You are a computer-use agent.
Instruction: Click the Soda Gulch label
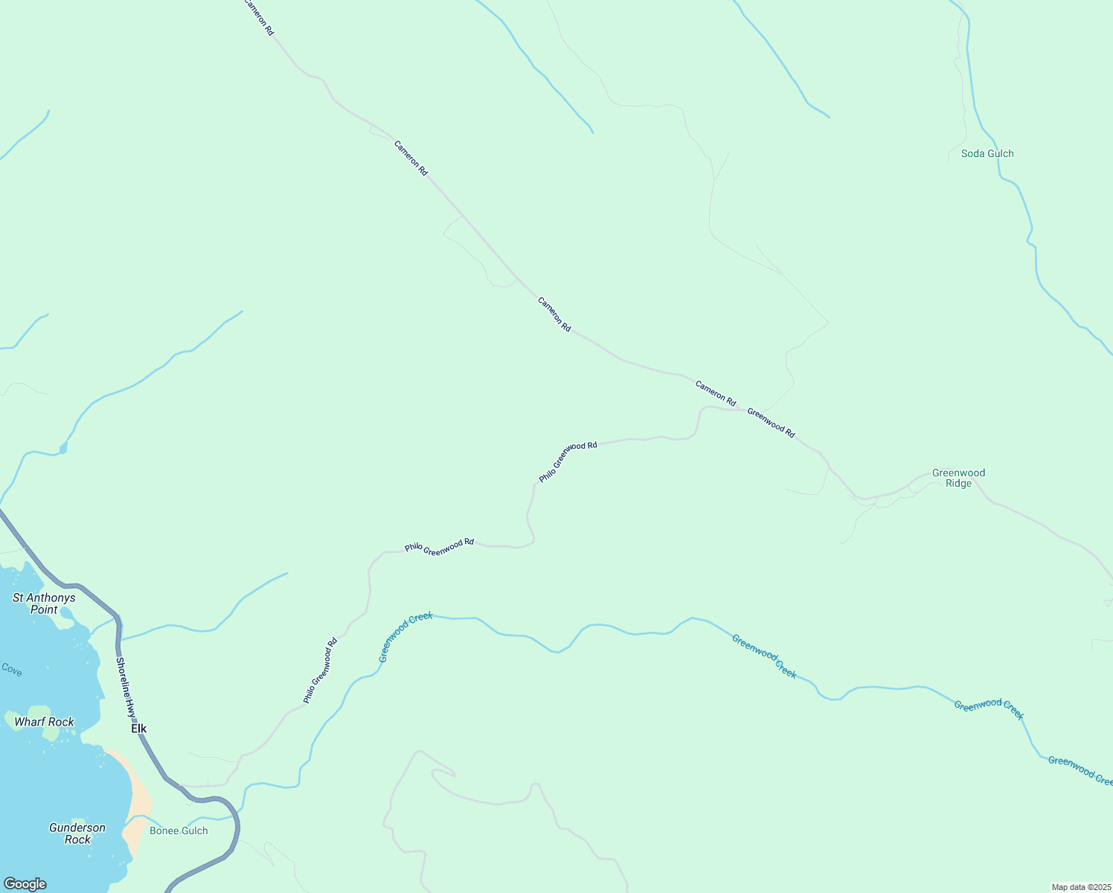click(x=987, y=153)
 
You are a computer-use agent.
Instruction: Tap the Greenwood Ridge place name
click(x=958, y=478)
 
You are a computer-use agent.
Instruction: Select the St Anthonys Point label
click(x=44, y=604)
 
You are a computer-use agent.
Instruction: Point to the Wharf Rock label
click(x=44, y=722)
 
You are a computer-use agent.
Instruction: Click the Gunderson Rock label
click(x=77, y=833)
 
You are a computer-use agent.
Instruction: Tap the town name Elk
click(x=139, y=729)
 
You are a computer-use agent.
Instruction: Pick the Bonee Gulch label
click(x=179, y=830)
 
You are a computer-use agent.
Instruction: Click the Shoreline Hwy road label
click(x=126, y=687)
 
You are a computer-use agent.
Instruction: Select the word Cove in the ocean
click(x=11, y=670)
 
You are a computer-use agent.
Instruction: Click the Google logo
click(x=25, y=883)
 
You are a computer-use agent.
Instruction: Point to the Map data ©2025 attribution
click(x=1080, y=887)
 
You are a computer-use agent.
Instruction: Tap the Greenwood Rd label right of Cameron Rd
click(x=771, y=423)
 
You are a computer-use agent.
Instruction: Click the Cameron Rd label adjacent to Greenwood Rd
click(x=715, y=393)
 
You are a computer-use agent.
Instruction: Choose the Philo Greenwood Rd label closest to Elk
click(x=320, y=670)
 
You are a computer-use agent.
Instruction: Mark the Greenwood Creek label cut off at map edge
click(x=1080, y=770)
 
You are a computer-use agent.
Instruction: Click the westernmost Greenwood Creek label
click(x=405, y=637)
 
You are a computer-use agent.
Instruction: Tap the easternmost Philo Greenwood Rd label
click(x=568, y=462)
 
